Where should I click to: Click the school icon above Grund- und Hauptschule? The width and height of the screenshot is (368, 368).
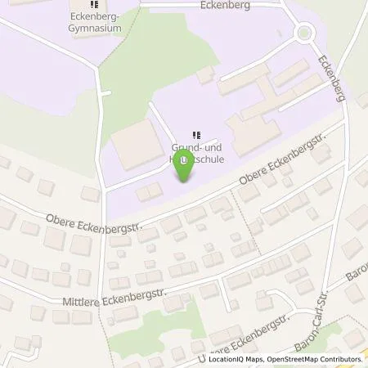(195, 135)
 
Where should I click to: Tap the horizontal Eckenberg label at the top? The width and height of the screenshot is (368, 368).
(223, 4)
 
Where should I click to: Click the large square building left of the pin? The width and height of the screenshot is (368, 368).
(135, 148)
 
